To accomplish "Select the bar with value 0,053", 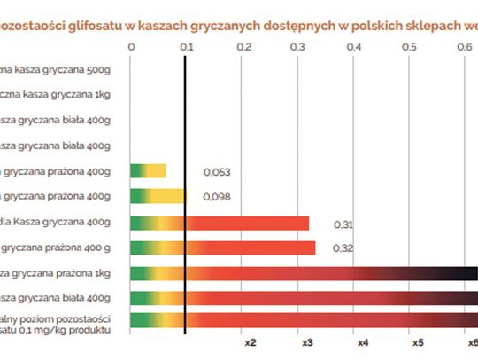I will [148, 171].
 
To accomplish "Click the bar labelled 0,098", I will [158, 196].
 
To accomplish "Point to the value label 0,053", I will [217, 172].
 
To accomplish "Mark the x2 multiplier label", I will [250, 342].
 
